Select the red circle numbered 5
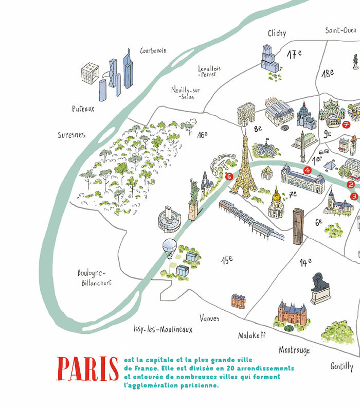[229, 176]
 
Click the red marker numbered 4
[308, 170]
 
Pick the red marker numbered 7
[346, 125]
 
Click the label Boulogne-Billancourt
[95, 278]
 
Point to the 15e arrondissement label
[227, 260]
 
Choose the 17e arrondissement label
[294, 54]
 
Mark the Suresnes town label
[71, 135]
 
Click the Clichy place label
[277, 33]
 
